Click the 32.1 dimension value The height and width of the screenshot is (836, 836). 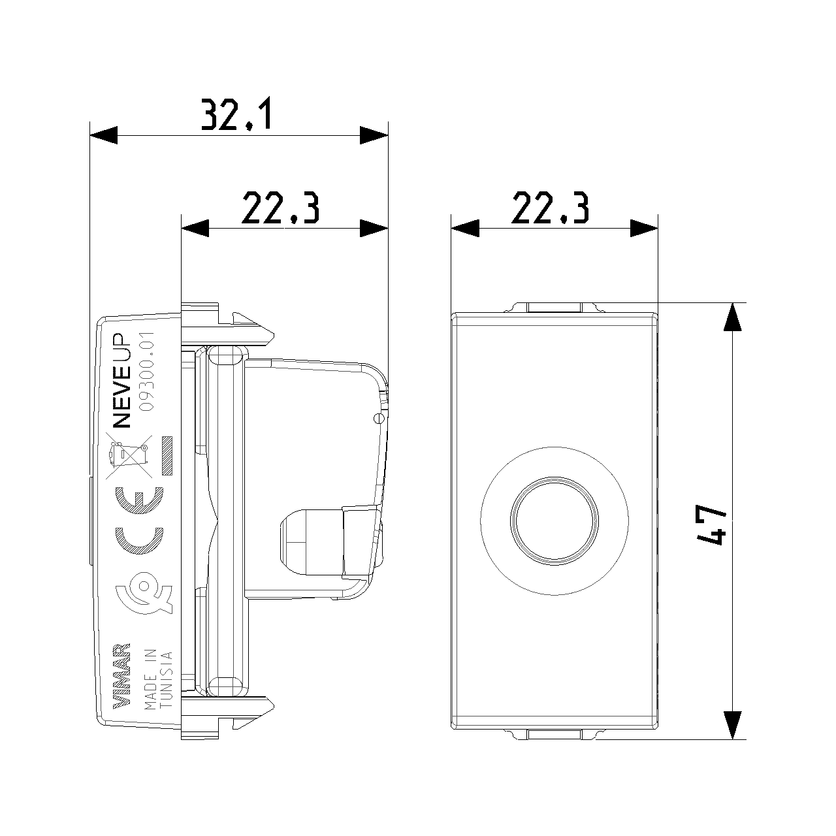(237, 114)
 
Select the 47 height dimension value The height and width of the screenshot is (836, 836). (711, 524)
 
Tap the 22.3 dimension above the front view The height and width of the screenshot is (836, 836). (550, 208)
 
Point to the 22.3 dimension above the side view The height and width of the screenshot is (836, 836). (280, 208)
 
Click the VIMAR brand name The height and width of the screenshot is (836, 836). (121, 682)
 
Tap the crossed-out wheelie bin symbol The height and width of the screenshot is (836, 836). (129, 457)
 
